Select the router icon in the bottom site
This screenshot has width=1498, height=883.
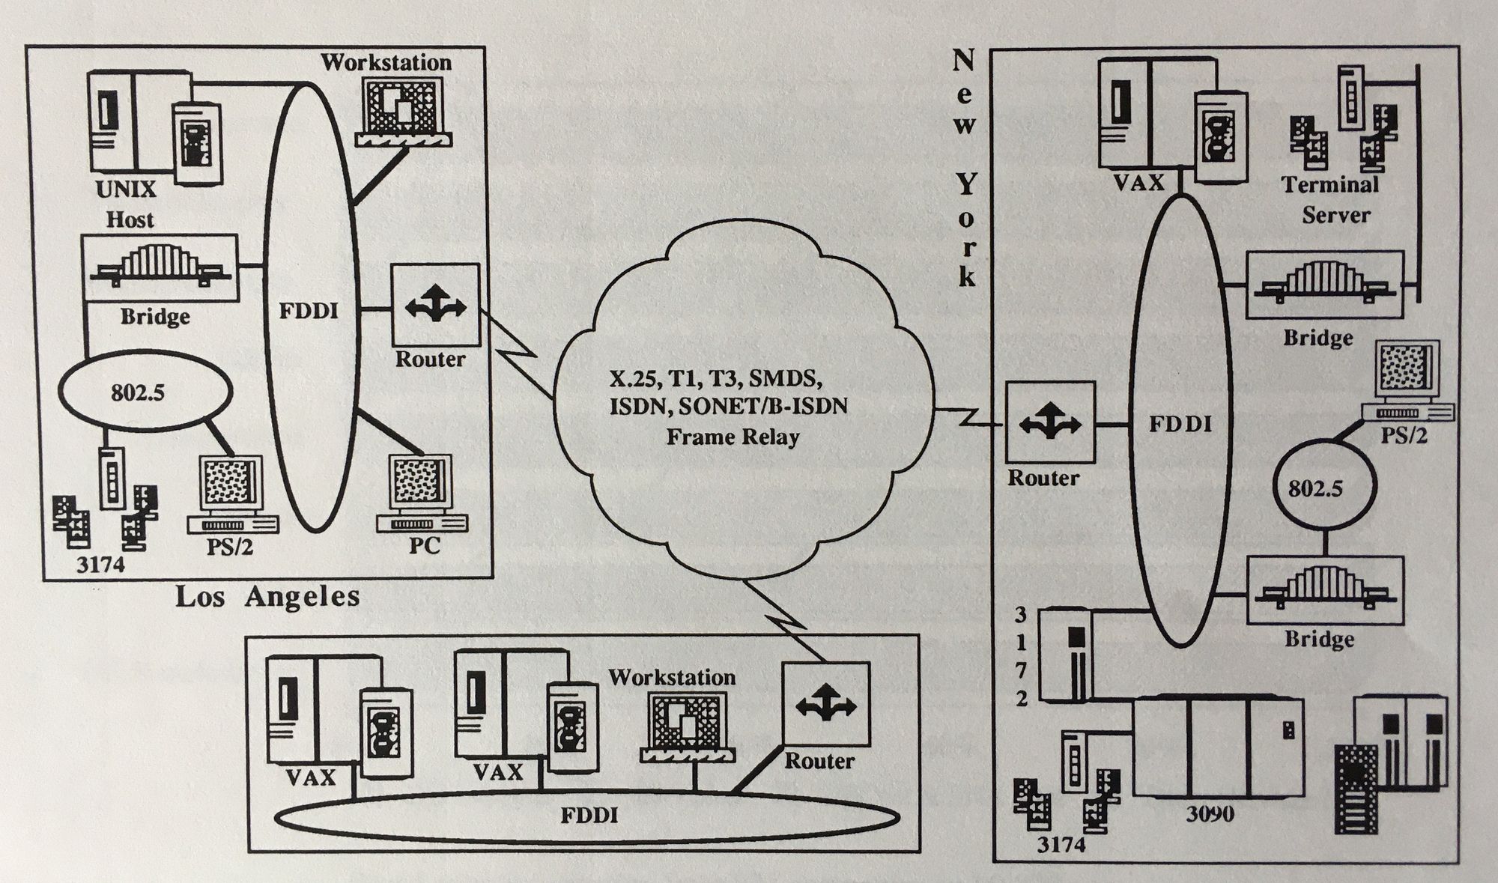[x=825, y=704]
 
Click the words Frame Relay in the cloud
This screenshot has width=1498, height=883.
[x=733, y=437]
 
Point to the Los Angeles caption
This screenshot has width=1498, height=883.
[x=267, y=598]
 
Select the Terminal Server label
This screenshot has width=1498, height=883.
[x=1330, y=200]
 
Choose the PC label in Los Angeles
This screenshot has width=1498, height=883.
[x=424, y=545]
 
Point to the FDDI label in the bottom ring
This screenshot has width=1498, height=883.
[x=589, y=815]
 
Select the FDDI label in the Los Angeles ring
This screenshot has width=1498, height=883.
[x=308, y=311]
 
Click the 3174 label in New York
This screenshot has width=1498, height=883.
[x=1061, y=845]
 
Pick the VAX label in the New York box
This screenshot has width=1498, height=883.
[x=1138, y=182]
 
